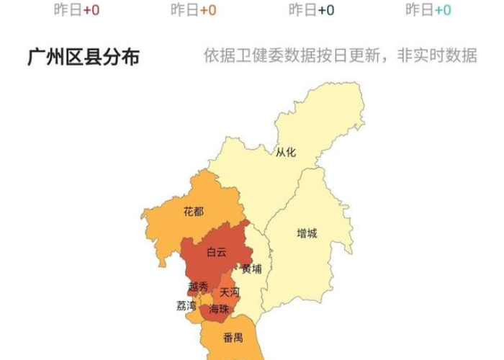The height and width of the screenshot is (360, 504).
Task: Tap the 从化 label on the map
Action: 286,152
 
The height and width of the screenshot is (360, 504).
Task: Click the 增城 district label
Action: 307,233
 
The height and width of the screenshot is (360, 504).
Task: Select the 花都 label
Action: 194,212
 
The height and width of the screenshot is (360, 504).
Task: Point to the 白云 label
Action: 217,252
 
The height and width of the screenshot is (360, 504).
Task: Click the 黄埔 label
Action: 252,269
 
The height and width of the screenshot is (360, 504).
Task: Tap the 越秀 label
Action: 198,287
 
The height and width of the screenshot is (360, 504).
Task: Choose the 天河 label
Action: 230,292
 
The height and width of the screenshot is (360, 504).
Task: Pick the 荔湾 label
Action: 186,305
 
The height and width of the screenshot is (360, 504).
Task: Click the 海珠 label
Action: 219,310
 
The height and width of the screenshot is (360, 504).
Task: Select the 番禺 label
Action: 233,337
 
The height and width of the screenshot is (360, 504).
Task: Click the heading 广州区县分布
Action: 84,57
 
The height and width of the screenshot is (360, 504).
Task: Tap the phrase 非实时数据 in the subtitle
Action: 437,55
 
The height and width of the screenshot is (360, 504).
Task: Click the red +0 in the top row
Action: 91,9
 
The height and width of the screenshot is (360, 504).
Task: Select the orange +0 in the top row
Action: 208,9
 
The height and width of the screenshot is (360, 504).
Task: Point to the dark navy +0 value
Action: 325,9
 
